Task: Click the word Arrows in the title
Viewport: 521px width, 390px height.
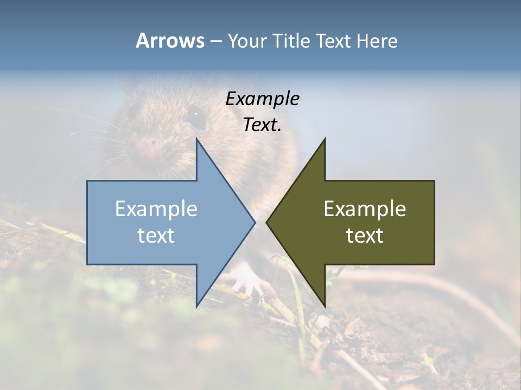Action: coord(170,41)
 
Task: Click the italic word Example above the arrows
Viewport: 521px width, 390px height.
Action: coord(263,99)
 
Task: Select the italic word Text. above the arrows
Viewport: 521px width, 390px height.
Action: coord(263,125)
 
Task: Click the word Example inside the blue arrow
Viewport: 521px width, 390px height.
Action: coord(156,209)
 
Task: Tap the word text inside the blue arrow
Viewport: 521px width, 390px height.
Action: coord(156,236)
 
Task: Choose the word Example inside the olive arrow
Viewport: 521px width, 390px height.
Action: coord(365,209)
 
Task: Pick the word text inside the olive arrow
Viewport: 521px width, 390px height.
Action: coord(365,236)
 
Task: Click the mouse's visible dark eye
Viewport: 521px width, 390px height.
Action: coord(195,115)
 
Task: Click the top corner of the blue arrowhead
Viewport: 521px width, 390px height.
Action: coord(197,140)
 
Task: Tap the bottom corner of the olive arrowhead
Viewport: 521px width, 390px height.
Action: coord(325,305)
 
